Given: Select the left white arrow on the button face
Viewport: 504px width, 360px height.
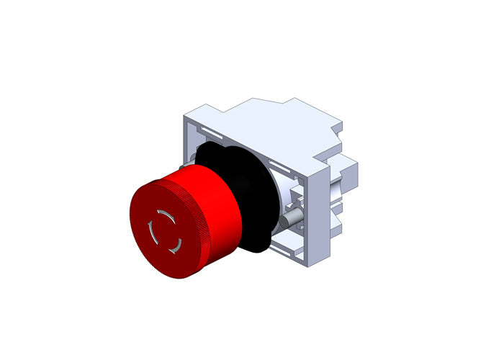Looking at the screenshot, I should (151, 233).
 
